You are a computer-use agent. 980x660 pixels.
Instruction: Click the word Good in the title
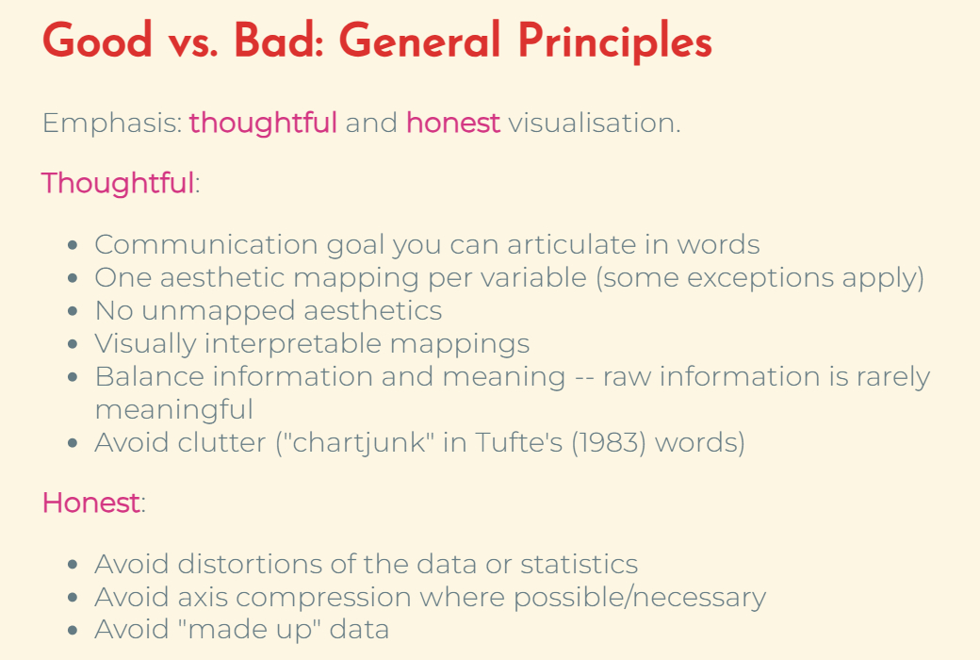tap(97, 40)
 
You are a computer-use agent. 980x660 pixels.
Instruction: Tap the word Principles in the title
tap(615, 42)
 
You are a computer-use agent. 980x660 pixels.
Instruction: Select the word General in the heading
tap(420, 40)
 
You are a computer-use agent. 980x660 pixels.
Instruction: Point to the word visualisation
tap(594, 123)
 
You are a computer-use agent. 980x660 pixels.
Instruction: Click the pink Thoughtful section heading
tap(118, 183)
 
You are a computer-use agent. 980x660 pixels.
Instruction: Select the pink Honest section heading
tap(91, 503)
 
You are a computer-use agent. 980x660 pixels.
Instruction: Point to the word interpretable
tap(292, 344)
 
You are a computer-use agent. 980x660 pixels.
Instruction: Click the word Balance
tap(150, 376)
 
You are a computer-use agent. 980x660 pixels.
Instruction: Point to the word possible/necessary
tap(640, 598)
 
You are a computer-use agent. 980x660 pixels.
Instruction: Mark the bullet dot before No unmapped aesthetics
tap(73, 311)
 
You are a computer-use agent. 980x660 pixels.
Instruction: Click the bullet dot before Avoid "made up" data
tap(73, 630)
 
